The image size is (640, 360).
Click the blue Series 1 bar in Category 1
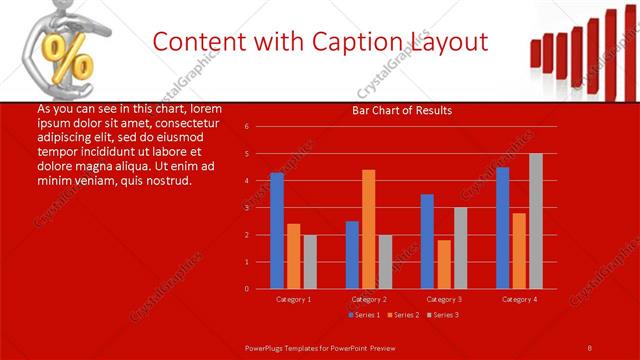(277, 230)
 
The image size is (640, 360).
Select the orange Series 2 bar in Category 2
(369, 229)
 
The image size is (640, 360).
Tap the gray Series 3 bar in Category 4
(536, 221)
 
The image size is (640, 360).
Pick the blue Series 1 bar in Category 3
(427, 241)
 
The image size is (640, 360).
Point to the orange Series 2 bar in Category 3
(444, 264)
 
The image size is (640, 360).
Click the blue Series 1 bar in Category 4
(503, 227)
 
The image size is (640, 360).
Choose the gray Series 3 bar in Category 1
(310, 261)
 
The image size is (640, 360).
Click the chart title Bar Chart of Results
(401, 110)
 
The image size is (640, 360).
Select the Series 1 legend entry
(364, 315)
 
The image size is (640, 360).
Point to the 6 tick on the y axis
(246, 127)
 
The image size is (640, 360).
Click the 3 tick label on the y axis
(246, 208)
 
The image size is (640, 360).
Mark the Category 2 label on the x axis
(369, 299)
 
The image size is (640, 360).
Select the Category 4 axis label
(519, 299)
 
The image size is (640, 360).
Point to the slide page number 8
(590, 346)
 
